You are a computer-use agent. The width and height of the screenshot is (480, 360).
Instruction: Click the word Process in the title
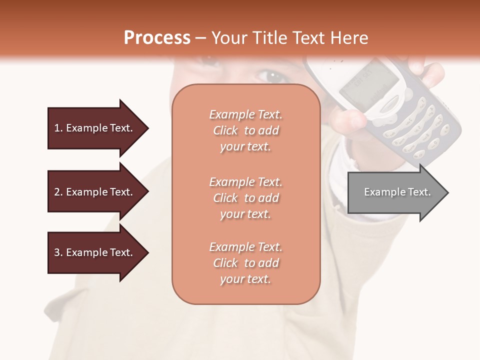(x=157, y=38)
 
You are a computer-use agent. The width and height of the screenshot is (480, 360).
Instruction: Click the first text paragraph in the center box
(x=245, y=130)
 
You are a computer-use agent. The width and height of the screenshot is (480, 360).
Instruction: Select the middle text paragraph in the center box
(x=245, y=198)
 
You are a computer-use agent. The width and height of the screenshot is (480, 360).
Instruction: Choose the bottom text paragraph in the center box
(x=245, y=263)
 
